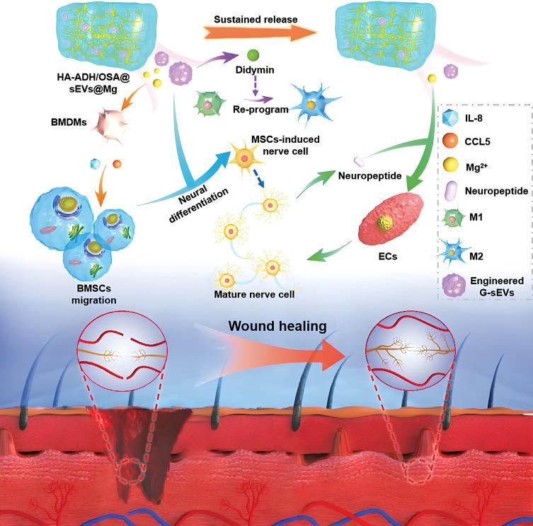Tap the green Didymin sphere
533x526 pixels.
point(252,54)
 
